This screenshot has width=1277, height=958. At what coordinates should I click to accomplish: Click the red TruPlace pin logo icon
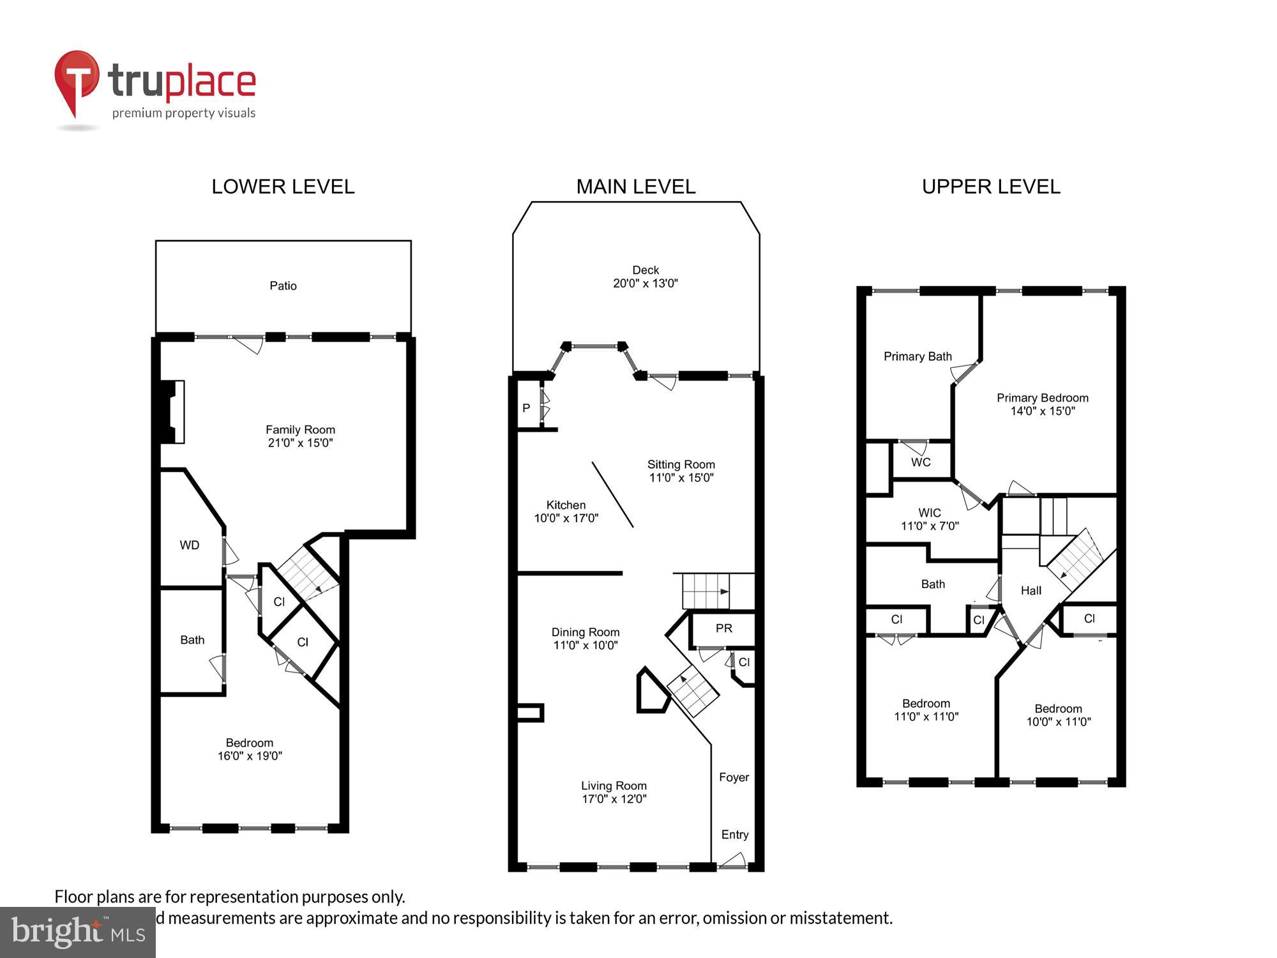[x=77, y=80]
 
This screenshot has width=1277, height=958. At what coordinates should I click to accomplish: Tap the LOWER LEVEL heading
[x=283, y=186]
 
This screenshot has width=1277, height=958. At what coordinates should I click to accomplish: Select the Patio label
[x=283, y=285]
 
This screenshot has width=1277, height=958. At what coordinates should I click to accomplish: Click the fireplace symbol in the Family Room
[x=173, y=411]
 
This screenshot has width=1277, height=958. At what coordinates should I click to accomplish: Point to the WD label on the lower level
[x=190, y=545]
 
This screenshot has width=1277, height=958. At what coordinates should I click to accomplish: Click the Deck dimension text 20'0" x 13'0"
[x=645, y=284]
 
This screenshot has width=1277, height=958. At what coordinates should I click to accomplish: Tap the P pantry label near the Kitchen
[x=526, y=408]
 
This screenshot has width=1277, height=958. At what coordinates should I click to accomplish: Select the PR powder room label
[x=723, y=628]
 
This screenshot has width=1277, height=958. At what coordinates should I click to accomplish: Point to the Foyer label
[x=734, y=777]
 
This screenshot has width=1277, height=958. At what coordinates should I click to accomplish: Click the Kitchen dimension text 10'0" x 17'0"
[x=566, y=518]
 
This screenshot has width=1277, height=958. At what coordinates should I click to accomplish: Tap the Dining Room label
[x=586, y=632]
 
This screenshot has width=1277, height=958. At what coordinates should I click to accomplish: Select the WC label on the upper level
[x=920, y=462]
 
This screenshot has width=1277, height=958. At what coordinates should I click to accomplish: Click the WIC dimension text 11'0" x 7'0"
[x=929, y=526]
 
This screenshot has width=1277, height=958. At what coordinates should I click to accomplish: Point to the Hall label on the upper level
[x=1031, y=591]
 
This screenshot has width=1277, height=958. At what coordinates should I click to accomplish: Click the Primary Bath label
[x=917, y=356]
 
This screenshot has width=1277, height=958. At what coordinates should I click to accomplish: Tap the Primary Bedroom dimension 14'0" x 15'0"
[x=1042, y=411]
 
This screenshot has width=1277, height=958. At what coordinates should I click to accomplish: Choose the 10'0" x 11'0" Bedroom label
[x=1058, y=715]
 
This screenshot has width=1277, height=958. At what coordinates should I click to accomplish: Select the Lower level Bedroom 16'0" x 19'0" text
[x=250, y=749]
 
